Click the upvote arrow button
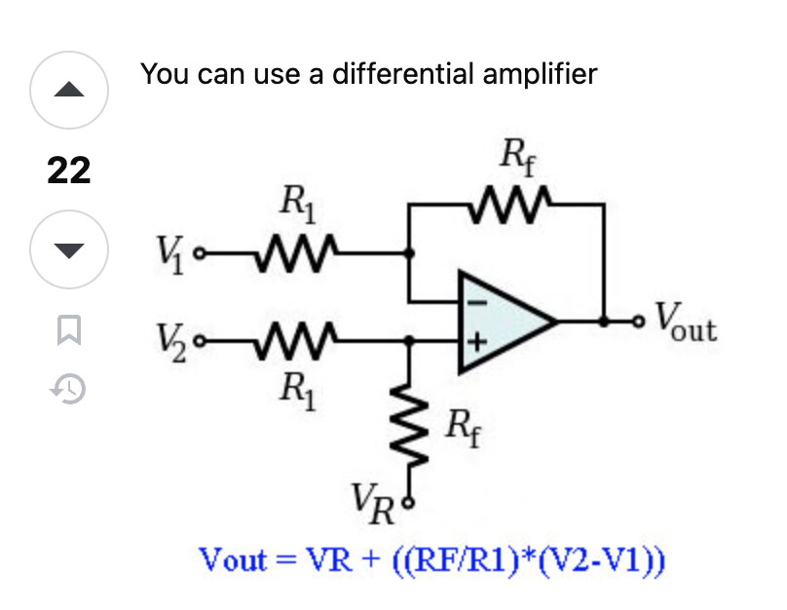click(68, 91)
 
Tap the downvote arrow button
click(68, 251)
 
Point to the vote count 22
click(68, 172)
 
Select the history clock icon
click(68, 390)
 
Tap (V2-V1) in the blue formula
click(601, 562)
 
